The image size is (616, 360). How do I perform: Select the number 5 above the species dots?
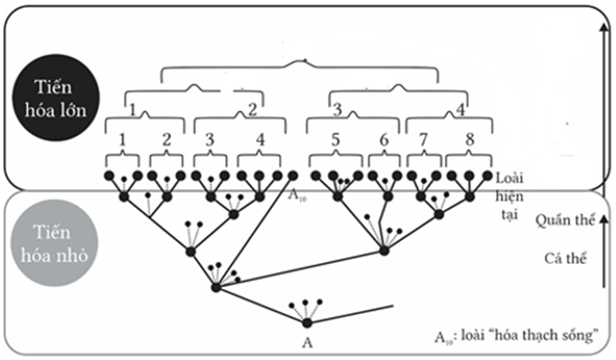tap(334, 140)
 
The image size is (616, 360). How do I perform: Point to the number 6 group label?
tap(383, 140)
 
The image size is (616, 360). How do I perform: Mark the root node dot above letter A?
tap(307, 323)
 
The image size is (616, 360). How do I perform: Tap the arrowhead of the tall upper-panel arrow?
tap(603, 27)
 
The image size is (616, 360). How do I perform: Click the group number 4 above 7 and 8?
tap(461, 109)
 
